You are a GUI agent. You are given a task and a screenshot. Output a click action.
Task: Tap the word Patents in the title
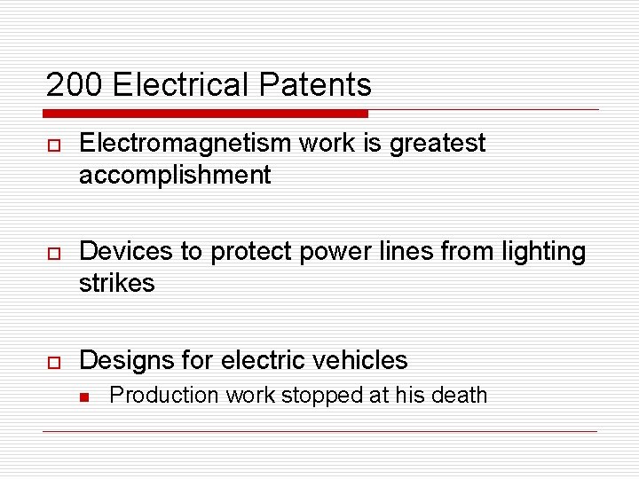tap(315, 85)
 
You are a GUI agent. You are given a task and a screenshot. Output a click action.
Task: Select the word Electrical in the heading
tap(182, 85)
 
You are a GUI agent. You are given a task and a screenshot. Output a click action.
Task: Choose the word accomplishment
tap(175, 176)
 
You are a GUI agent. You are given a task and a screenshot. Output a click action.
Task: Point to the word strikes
tap(116, 284)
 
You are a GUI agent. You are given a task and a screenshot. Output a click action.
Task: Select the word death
tap(461, 395)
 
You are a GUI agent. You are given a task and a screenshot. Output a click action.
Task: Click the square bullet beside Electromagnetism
tap(52, 145)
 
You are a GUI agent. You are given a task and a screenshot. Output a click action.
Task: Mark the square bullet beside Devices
tap(52, 253)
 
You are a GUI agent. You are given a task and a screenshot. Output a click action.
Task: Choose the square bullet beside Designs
tap(52, 361)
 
